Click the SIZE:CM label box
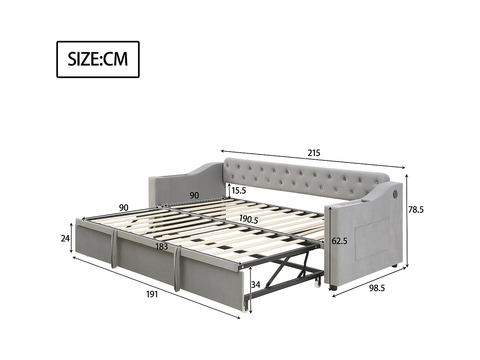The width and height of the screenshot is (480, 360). click(98, 59)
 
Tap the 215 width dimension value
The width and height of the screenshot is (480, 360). click(314, 153)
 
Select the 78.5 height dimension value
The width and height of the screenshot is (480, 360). click(416, 210)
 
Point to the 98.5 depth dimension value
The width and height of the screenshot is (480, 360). click(377, 288)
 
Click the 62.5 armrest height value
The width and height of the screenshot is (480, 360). click(340, 241)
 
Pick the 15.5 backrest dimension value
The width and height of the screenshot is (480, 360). click(239, 191)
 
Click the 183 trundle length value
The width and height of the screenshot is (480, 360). click(162, 246)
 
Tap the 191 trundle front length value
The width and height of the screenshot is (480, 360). click(152, 294)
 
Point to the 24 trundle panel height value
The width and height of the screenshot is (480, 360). click(65, 238)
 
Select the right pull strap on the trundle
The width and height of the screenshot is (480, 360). click(176, 269)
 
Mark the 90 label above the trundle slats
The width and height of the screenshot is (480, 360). click(124, 208)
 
